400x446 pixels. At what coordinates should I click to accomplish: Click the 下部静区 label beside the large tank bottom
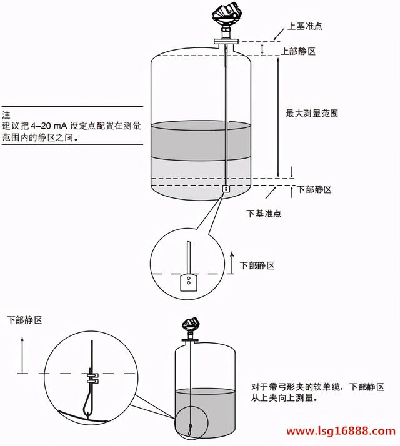coord(314,189)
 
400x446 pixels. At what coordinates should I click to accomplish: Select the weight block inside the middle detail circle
coord(188,283)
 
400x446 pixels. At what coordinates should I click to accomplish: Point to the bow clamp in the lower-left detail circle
coord(92,378)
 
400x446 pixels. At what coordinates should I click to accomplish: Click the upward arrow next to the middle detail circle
coord(231,262)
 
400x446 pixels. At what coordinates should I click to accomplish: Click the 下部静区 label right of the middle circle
coord(257,265)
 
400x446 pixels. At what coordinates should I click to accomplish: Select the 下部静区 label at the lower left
coord(24,320)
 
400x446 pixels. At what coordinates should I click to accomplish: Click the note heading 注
coord(7,116)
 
